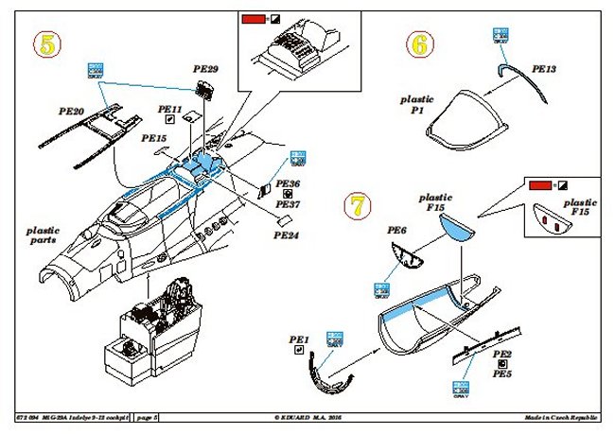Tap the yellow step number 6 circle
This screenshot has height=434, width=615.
click(x=419, y=43)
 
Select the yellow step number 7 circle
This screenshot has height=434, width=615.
click(x=354, y=203)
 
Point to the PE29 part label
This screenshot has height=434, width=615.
click(x=205, y=70)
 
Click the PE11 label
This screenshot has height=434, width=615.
click(x=169, y=109)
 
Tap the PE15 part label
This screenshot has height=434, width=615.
click(x=153, y=138)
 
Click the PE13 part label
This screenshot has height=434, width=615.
click(x=544, y=69)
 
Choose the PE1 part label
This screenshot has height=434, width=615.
click(x=300, y=338)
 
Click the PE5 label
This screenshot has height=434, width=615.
click(x=502, y=373)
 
